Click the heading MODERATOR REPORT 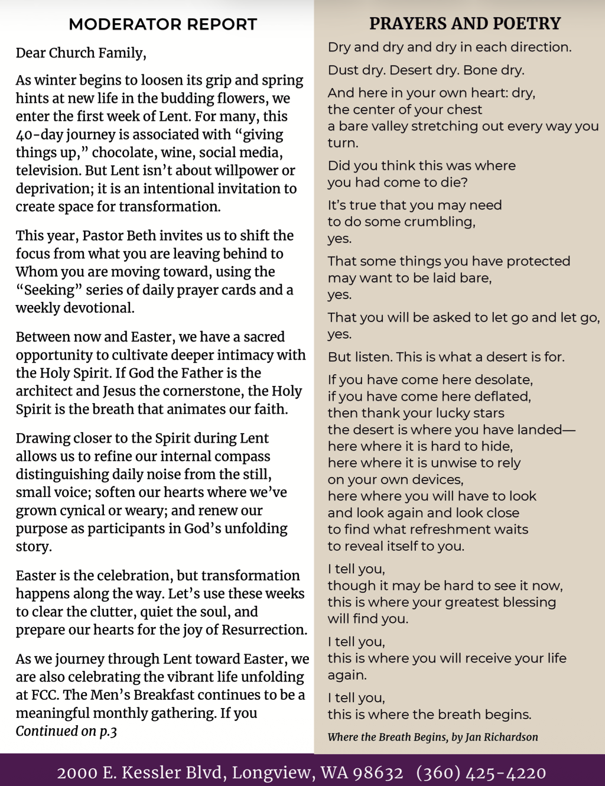click(162, 25)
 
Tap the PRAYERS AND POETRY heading click(465, 24)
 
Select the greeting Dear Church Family click(81, 53)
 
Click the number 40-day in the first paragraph click(39, 135)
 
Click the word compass click(242, 456)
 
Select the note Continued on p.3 click(66, 732)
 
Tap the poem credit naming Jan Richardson click(432, 737)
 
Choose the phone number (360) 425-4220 click(481, 773)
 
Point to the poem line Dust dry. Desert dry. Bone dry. click(426, 70)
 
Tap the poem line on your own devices click(395, 480)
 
